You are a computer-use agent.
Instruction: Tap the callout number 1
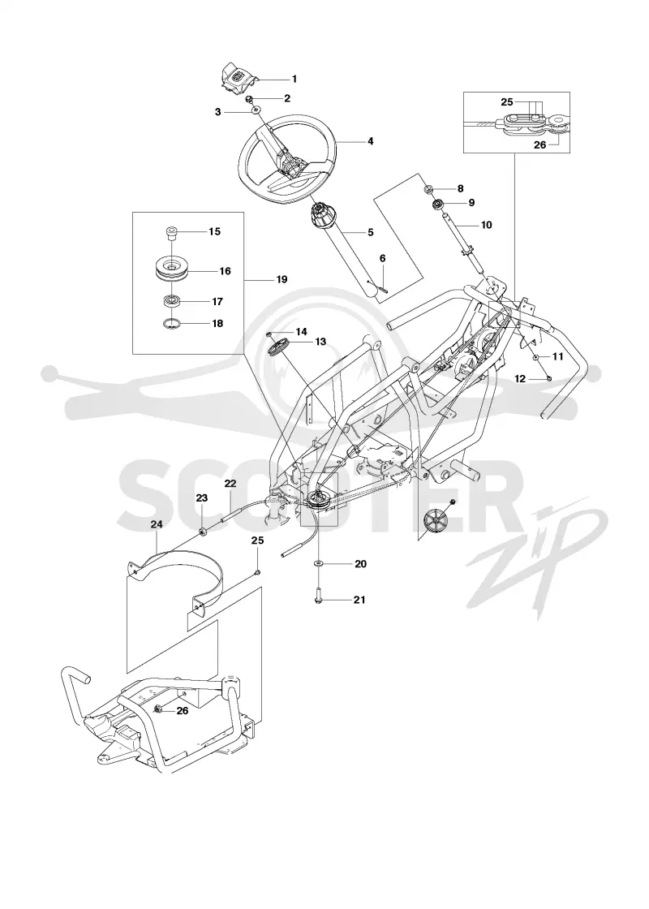pyautogui.click(x=294, y=79)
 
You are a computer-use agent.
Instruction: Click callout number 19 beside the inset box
pyautogui.click(x=282, y=279)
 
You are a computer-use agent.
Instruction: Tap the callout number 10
pyautogui.click(x=486, y=224)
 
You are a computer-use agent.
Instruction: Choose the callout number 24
pyautogui.click(x=157, y=524)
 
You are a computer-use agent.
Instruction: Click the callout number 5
pyautogui.click(x=370, y=232)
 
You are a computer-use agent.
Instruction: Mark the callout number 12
pyautogui.click(x=520, y=378)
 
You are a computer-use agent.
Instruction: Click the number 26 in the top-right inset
pyautogui.click(x=539, y=145)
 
